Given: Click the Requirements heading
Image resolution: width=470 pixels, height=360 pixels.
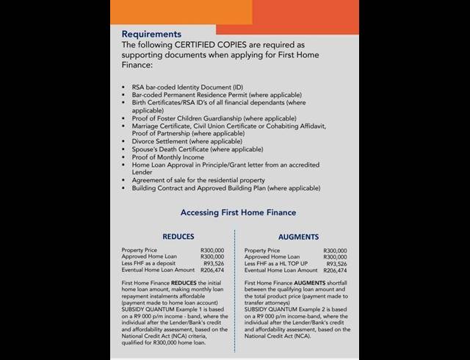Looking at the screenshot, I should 151,34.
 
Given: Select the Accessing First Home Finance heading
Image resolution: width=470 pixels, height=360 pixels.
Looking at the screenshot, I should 238,213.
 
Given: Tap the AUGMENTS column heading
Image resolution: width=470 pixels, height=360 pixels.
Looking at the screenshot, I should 298,237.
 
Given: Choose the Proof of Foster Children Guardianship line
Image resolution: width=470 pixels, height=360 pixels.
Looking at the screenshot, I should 203,118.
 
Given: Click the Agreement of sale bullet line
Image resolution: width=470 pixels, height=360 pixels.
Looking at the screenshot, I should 198,180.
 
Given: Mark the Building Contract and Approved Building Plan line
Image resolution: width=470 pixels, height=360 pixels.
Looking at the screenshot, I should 226,188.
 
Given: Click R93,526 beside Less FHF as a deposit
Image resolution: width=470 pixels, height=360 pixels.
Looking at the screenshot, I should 211,264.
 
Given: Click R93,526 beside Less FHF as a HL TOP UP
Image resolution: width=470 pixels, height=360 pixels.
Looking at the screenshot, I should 336,264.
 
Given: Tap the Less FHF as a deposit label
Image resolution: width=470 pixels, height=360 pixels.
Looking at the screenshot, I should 150,264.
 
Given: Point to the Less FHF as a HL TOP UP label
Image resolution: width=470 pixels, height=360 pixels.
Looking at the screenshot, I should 277,264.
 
